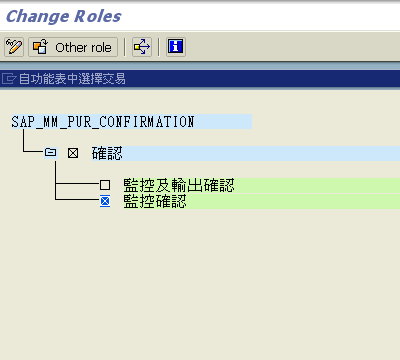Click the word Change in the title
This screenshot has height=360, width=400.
(x=37, y=16)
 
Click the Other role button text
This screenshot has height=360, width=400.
(x=84, y=47)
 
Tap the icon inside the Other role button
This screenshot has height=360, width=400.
(x=41, y=47)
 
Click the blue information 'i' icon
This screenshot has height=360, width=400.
(x=175, y=47)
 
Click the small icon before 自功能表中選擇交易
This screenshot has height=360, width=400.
(x=9, y=79)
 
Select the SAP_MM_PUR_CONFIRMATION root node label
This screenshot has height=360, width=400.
(x=103, y=122)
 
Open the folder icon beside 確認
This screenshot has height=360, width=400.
(x=50, y=153)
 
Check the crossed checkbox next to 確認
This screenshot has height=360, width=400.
(x=72, y=153)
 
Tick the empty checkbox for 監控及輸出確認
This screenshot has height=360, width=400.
(x=105, y=186)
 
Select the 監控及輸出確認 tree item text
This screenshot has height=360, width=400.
(x=177, y=186)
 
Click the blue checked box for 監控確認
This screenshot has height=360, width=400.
(x=105, y=202)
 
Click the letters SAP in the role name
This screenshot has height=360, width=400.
(x=22, y=122)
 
